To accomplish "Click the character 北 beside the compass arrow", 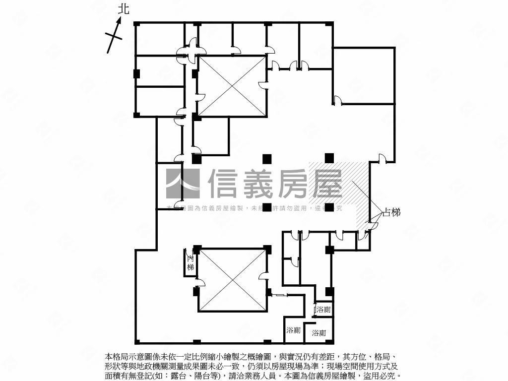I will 124,9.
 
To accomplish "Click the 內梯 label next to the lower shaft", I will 190,263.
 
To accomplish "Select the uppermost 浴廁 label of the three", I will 323,310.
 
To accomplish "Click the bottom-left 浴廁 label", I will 293,330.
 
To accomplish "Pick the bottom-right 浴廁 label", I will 319,333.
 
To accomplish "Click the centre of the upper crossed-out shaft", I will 232,87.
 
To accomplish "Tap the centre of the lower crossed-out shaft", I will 232,280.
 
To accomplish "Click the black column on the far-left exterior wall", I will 136,73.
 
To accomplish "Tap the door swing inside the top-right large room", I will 337,101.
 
